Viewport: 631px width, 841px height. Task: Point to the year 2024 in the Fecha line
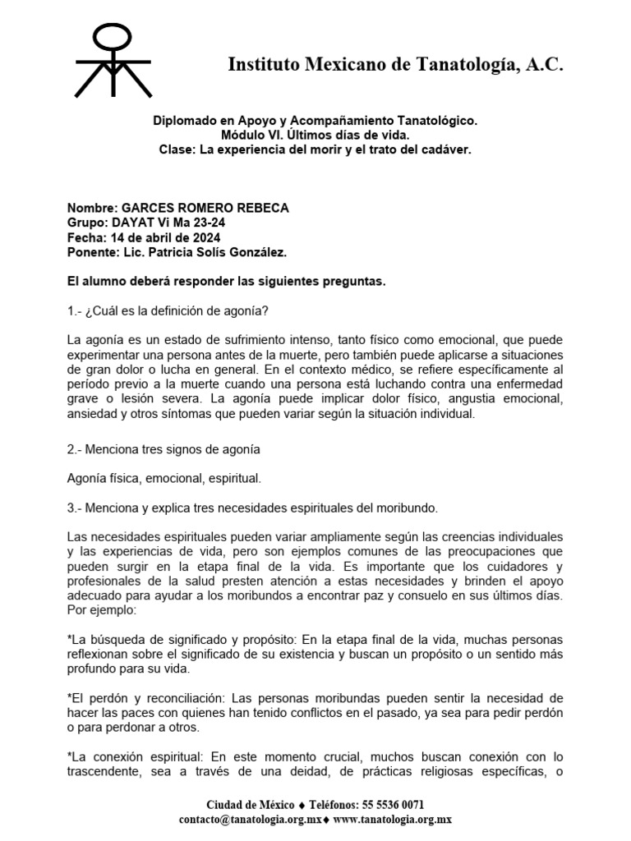click(x=204, y=238)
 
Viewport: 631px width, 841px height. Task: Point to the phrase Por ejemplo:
click(x=103, y=611)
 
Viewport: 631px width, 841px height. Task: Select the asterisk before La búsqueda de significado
click(x=68, y=639)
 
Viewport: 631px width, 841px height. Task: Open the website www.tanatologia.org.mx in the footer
click(x=394, y=820)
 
